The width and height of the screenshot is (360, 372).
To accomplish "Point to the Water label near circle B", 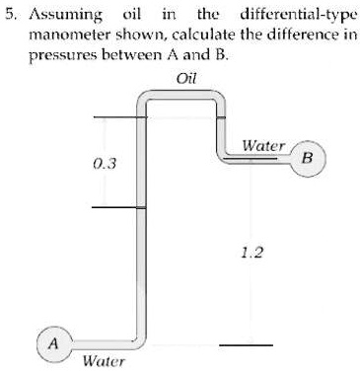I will point(263,145).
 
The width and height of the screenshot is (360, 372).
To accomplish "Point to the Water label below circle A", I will point(104,361).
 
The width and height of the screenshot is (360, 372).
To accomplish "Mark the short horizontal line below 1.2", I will point(246,344).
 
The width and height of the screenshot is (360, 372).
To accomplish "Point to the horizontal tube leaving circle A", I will point(99,335).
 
